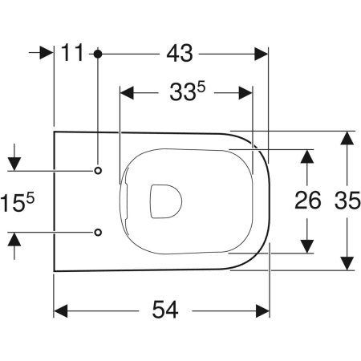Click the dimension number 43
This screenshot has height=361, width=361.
click(180, 54)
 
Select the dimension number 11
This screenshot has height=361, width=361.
click(72, 53)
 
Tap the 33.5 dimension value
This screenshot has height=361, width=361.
click(188, 91)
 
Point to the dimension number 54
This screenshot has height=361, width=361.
click(165, 310)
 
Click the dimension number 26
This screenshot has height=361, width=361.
click(307, 201)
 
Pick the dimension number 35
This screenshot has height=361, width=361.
click(347, 201)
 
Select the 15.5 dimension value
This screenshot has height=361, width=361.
click(18, 202)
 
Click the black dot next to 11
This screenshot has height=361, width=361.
click(98, 54)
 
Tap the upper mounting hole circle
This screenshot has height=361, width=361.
click(98, 170)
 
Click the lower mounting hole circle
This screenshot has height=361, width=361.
click(98, 232)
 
